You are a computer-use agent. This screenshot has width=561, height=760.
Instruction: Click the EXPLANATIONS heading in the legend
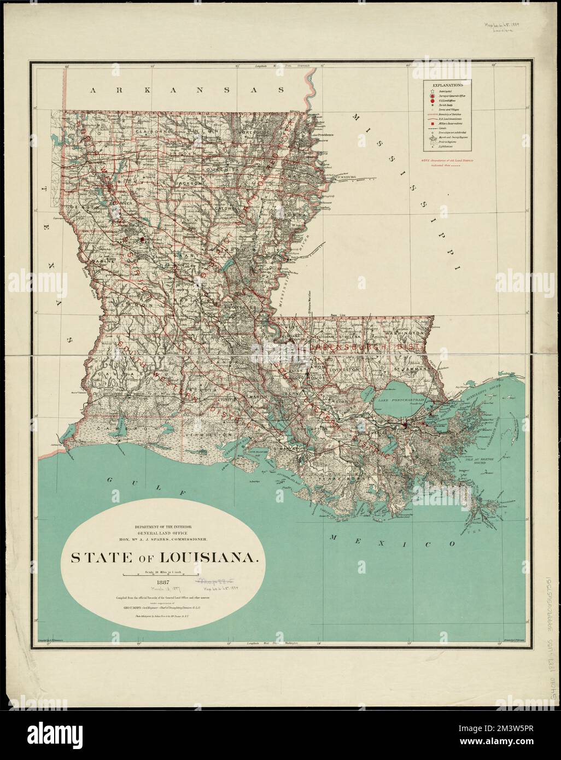tap(448, 86)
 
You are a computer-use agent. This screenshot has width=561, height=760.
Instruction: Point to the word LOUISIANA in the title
tap(211, 558)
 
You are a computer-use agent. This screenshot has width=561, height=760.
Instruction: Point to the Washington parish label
tap(404, 333)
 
